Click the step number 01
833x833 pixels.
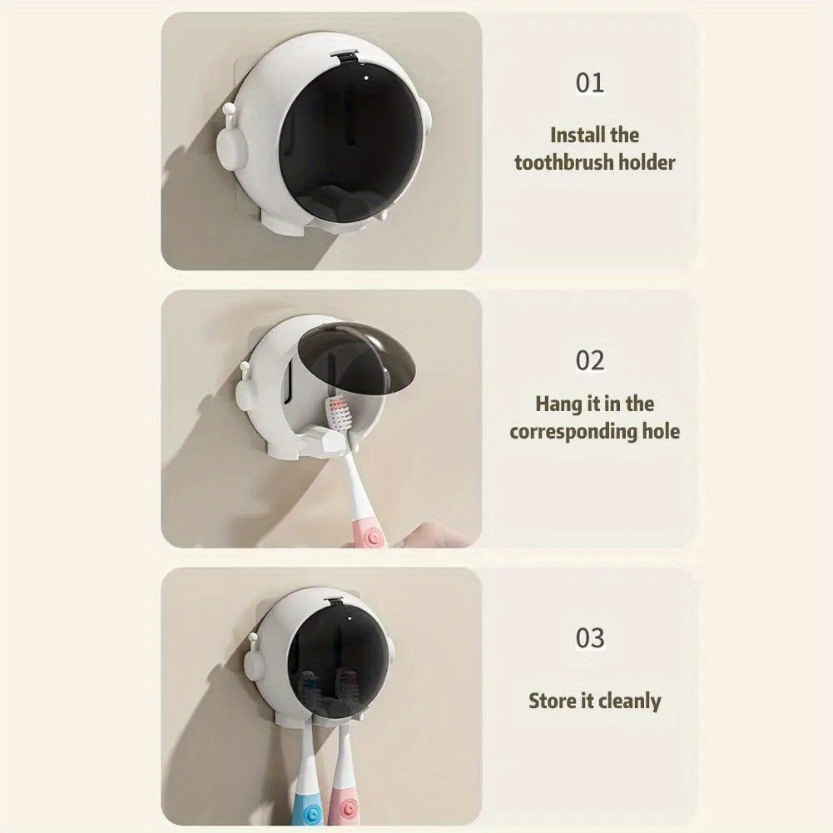[589, 83]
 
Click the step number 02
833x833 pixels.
[589, 360]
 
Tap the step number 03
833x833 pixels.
[589, 638]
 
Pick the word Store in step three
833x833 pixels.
[552, 701]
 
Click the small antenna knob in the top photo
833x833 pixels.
[229, 110]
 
